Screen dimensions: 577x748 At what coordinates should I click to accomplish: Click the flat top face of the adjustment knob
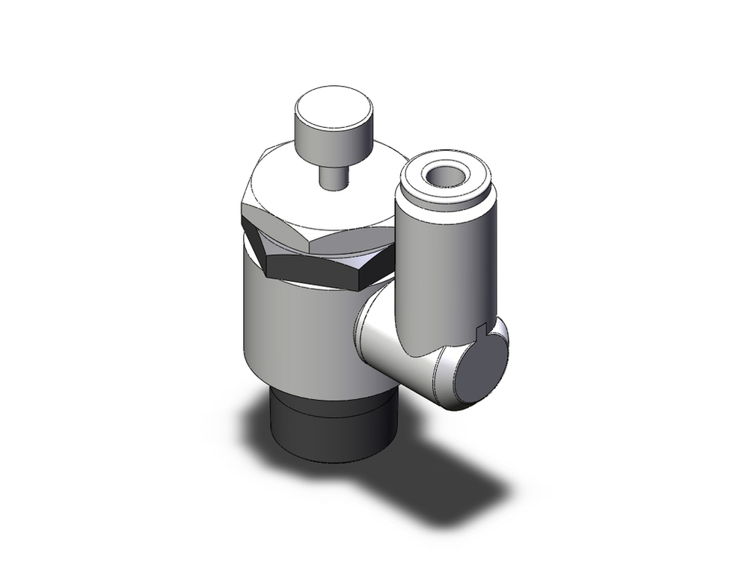point(326,107)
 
